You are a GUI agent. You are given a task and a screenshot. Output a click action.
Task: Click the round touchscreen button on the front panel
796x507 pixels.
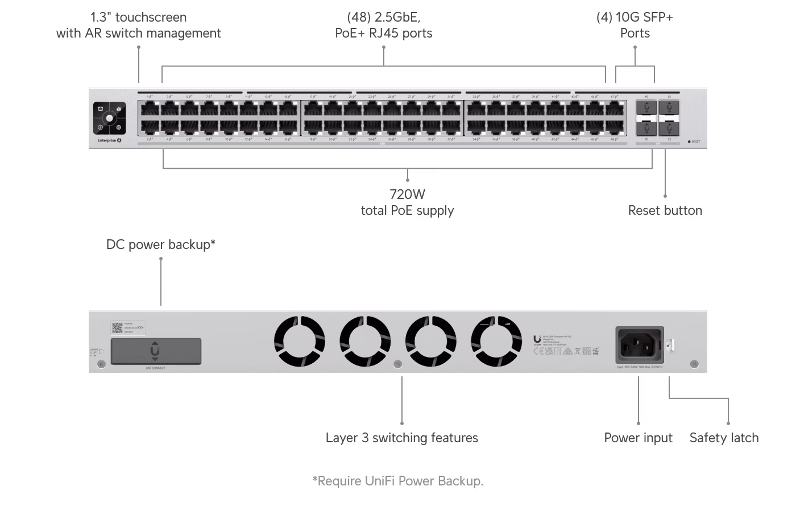click(x=109, y=118)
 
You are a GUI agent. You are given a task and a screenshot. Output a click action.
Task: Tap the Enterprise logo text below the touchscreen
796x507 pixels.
click(x=108, y=140)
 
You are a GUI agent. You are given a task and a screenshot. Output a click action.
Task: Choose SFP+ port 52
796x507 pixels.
click(x=669, y=128)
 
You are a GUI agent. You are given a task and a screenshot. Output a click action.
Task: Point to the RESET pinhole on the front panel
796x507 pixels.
click(x=689, y=142)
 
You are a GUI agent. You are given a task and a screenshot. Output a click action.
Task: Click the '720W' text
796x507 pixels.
click(x=407, y=195)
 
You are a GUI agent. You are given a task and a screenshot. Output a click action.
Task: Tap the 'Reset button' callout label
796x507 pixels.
click(x=665, y=211)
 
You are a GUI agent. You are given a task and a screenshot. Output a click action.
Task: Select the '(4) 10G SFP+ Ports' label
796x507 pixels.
click(x=635, y=26)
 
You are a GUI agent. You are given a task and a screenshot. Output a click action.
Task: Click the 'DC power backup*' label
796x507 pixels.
click(x=161, y=245)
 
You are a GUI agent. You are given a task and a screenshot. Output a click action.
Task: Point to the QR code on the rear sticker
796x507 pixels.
click(x=117, y=328)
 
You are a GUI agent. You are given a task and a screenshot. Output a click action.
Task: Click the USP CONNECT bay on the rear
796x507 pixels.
click(x=155, y=351)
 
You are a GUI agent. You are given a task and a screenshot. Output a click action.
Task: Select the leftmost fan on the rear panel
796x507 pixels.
click(x=300, y=341)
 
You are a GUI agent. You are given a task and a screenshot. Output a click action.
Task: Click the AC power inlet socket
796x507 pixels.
click(x=639, y=344)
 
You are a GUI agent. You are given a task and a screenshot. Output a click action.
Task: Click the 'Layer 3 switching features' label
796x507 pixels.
click(x=401, y=438)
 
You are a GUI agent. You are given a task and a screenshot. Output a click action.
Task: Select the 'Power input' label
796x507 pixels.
click(x=638, y=438)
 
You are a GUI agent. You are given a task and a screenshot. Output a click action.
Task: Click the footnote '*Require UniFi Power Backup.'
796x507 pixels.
click(x=397, y=481)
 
